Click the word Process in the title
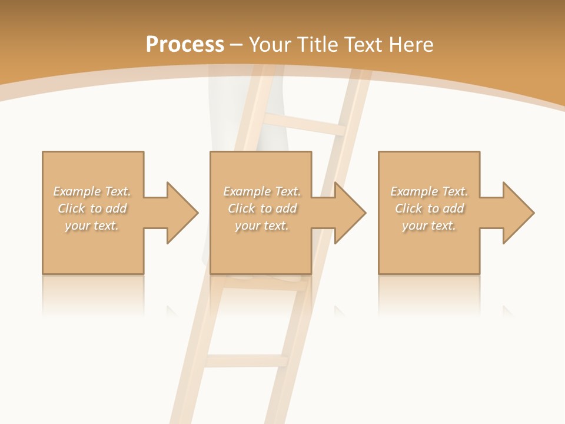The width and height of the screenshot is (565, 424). (x=185, y=45)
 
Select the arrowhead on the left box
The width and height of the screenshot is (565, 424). (x=181, y=213)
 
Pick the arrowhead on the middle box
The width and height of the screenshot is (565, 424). (x=349, y=213)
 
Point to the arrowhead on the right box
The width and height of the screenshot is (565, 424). (x=517, y=213)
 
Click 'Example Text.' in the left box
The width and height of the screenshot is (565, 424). (x=92, y=191)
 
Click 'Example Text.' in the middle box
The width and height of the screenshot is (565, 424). (x=261, y=191)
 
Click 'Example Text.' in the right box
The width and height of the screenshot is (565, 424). (x=429, y=191)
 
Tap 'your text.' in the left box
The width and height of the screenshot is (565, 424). (x=92, y=226)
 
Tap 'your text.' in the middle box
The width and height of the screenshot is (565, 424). (x=261, y=226)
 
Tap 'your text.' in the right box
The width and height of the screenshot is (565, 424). (x=429, y=226)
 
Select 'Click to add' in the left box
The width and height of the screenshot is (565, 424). (x=92, y=208)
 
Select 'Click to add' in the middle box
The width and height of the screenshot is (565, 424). (x=261, y=208)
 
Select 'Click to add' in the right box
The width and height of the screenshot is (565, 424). (x=429, y=208)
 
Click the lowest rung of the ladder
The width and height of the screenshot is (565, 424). (x=247, y=360)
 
